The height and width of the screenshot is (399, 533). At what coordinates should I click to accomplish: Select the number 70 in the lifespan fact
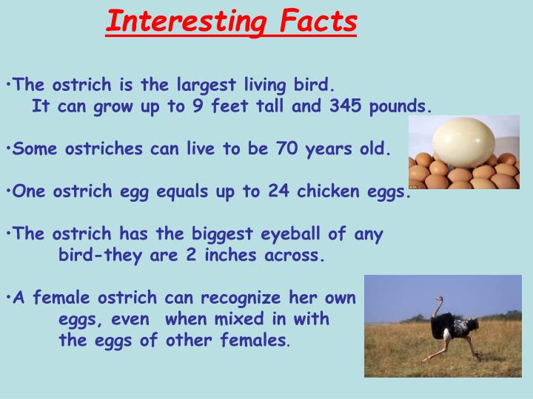[x=287, y=149]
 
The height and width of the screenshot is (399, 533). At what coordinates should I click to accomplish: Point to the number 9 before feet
[x=197, y=106]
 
